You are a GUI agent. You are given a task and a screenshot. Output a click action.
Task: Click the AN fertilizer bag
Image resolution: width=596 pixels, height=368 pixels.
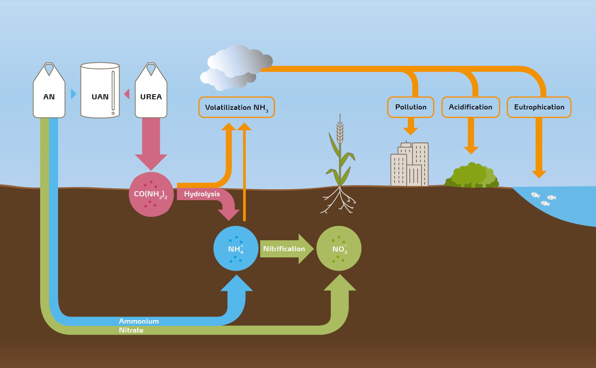tap(49, 93)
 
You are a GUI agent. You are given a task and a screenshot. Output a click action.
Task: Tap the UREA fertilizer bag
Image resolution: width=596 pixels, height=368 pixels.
tap(151, 93)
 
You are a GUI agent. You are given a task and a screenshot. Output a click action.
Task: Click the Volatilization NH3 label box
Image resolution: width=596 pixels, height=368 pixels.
tap(236, 107)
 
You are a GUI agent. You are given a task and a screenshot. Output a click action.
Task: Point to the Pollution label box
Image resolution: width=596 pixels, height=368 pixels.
tap(411, 107)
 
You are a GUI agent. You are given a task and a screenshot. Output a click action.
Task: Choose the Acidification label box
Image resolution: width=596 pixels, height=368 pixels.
tap(471, 107)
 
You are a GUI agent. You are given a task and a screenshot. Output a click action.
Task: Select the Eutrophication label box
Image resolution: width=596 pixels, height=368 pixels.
tap(539, 107)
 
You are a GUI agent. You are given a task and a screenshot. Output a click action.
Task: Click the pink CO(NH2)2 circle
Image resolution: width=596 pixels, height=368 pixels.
tap(151, 194)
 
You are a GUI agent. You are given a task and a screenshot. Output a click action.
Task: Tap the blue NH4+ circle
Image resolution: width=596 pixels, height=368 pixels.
tap(236, 248)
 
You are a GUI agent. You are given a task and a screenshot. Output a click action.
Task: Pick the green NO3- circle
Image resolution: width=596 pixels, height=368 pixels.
tap(339, 248)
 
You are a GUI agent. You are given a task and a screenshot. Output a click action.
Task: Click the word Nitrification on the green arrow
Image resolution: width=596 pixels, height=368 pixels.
tap(284, 249)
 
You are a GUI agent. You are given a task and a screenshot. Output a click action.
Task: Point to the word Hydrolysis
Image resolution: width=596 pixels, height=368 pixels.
tap(202, 194)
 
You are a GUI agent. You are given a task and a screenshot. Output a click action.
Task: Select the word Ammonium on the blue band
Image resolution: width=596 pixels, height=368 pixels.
tap(139, 321)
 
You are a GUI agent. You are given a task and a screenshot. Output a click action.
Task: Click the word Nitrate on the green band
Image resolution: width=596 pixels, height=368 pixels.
tap(131, 330)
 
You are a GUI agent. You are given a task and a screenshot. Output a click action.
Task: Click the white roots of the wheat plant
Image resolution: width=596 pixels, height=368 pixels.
tap(339, 201)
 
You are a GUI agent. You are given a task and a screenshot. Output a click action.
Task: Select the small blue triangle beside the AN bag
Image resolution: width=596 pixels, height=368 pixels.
tap(73, 94)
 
